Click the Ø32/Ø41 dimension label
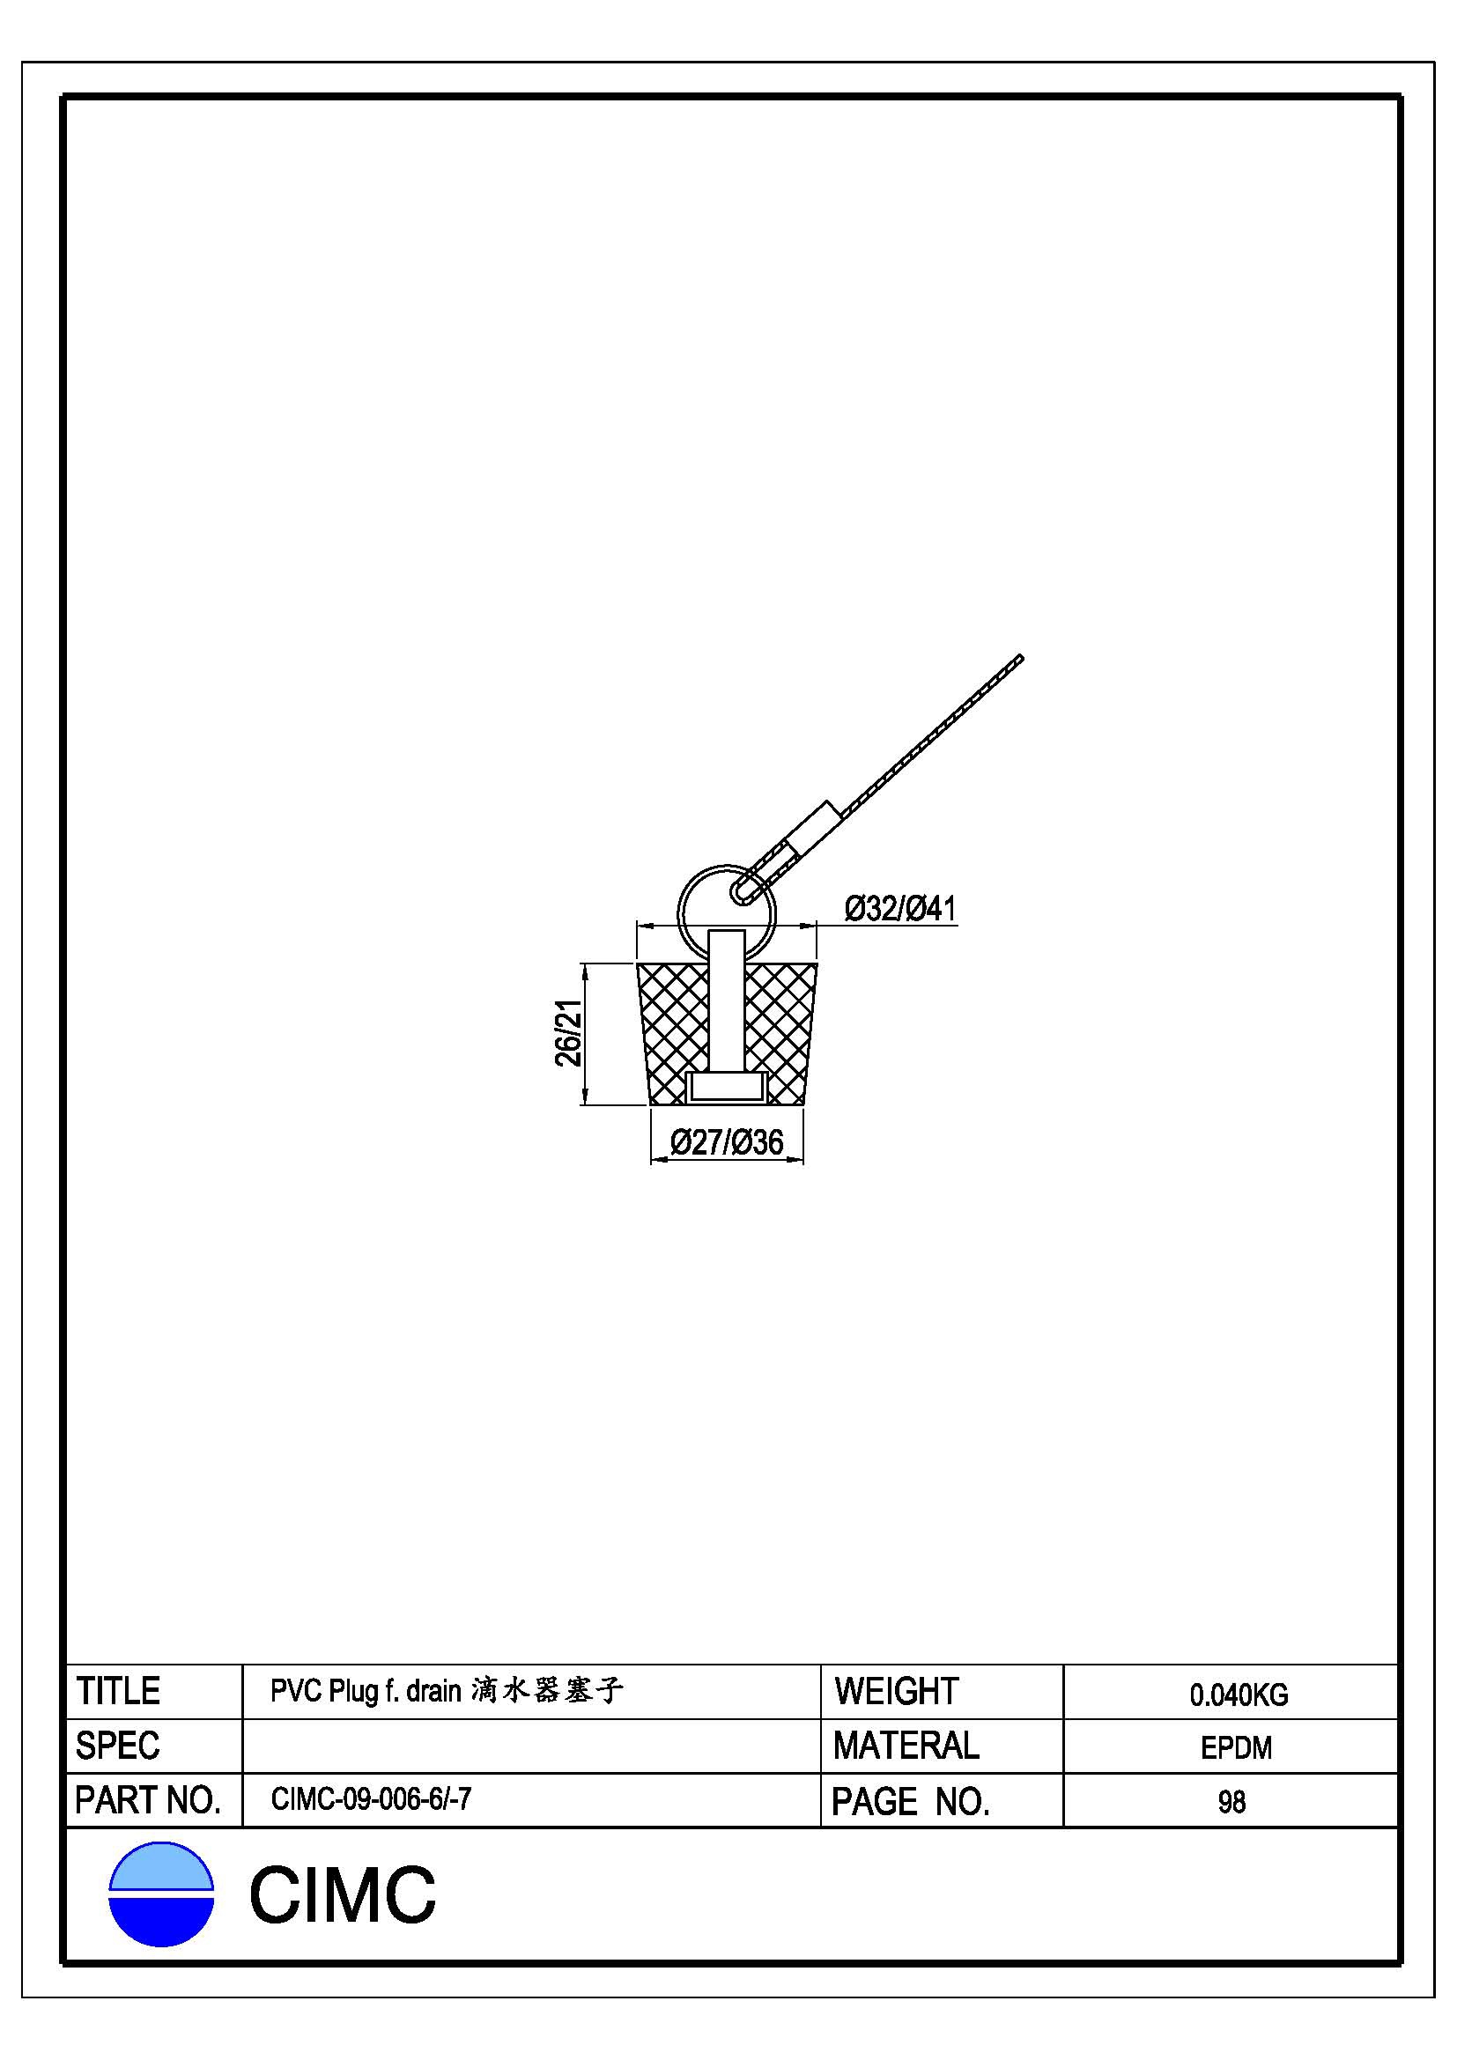pyautogui.click(x=900, y=909)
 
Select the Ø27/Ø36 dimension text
pyautogui.click(x=727, y=1142)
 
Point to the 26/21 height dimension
pyautogui.click(x=568, y=1033)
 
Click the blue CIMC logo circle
pyautogui.click(x=161, y=1894)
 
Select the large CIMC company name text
pyautogui.click(x=342, y=1895)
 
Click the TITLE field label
pyautogui.click(x=117, y=1691)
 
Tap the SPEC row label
pyautogui.click(x=117, y=1746)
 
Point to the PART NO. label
pyautogui.click(x=148, y=1801)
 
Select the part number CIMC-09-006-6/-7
pyautogui.click(x=371, y=1799)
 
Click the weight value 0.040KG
pyautogui.click(x=1239, y=1695)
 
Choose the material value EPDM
pyautogui.click(x=1236, y=1747)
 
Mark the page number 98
pyautogui.click(x=1231, y=1802)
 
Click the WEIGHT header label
pyautogui.click(x=896, y=1691)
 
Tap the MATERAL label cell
pyautogui.click(x=906, y=1746)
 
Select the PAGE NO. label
pyautogui.click(x=911, y=1802)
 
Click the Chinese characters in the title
pyautogui.click(x=546, y=1690)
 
